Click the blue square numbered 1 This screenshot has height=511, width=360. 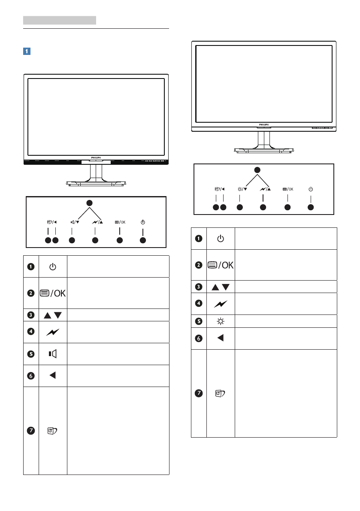pyautogui.click(x=27, y=51)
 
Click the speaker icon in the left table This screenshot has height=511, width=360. pyautogui.click(x=52, y=354)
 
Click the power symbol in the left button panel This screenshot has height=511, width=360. pyautogui.click(x=143, y=222)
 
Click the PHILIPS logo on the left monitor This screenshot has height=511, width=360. pyautogui.click(x=96, y=158)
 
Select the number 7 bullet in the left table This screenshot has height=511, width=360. pyautogui.click(x=31, y=431)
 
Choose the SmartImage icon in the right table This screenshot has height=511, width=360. pyautogui.click(x=220, y=393)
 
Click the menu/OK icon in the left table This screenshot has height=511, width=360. pyautogui.click(x=52, y=293)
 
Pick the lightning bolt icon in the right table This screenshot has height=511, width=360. pyautogui.click(x=220, y=303)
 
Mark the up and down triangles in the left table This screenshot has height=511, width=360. pyautogui.click(x=52, y=315)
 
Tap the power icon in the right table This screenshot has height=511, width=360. pyautogui.click(x=220, y=239)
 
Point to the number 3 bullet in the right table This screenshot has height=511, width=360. pyautogui.click(x=199, y=287)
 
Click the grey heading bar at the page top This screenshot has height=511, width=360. pyautogui.click(x=59, y=20)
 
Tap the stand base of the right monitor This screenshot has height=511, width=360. pyautogui.click(x=264, y=150)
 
